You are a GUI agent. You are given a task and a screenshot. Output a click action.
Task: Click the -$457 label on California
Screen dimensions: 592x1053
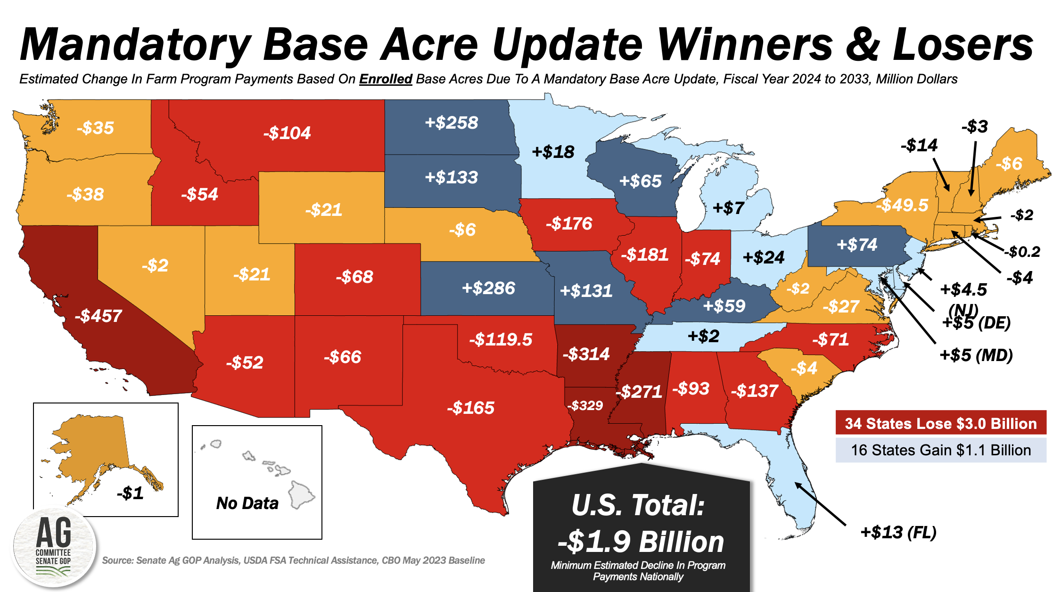click(99, 316)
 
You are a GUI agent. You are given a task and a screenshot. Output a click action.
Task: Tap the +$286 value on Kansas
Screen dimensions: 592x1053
click(488, 288)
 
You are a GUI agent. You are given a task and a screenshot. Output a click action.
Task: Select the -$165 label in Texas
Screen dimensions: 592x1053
click(470, 408)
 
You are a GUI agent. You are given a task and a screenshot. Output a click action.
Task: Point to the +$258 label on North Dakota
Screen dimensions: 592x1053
click(452, 123)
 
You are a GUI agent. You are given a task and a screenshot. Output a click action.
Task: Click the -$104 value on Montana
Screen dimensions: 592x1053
click(287, 133)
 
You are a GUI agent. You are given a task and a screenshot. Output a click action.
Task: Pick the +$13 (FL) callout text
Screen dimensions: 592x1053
click(898, 532)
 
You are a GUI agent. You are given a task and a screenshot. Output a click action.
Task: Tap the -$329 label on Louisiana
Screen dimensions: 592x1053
click(585, 405)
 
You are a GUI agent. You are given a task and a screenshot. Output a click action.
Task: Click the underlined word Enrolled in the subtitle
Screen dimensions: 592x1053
click(386, 79)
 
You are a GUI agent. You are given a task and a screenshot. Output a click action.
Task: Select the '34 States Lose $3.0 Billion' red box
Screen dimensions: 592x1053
click(940, 423)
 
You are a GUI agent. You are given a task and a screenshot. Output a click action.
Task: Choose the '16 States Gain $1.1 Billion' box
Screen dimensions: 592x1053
click(940, 450)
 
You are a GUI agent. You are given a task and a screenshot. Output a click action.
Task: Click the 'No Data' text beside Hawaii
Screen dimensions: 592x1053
click(247, 503)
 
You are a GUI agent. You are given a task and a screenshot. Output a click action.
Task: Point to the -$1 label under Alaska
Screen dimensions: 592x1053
click(130, 493)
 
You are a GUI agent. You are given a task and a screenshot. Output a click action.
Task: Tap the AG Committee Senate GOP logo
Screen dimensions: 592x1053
click(54, 547)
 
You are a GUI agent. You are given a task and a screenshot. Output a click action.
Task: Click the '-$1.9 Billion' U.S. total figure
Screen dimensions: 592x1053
click(641, 542)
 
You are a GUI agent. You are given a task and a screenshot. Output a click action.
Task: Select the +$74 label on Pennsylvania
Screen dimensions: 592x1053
click(856, 245)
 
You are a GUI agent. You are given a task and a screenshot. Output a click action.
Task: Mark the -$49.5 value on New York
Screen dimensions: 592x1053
click(901, 205)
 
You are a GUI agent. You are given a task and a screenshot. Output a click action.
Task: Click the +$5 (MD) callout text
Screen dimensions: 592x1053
click(976, 355)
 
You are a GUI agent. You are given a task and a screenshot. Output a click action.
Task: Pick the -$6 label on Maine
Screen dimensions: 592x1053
click(1009, 164)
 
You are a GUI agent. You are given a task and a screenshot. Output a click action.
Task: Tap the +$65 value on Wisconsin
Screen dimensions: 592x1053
click(640, 181)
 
